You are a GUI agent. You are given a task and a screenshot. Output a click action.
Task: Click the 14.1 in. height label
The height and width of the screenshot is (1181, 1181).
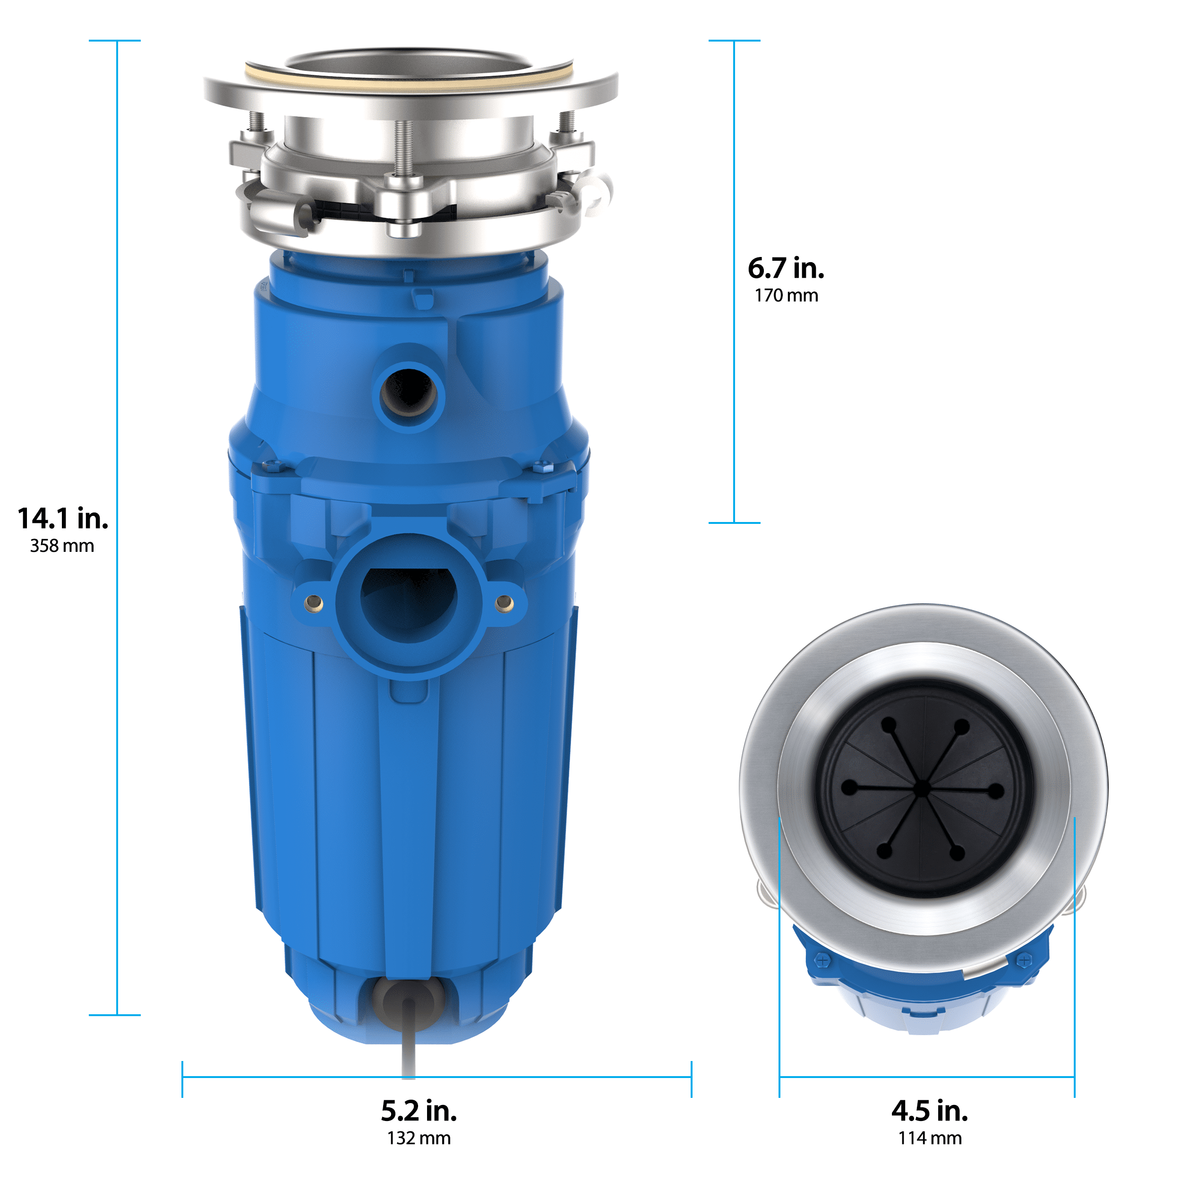pos(63,519)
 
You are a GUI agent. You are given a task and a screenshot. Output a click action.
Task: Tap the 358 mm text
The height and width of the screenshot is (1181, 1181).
pos(62,546)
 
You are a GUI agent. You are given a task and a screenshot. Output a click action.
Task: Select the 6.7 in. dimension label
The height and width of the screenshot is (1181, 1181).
pos(786,268)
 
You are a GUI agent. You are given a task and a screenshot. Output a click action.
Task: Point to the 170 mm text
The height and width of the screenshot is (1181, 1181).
pos(786,296)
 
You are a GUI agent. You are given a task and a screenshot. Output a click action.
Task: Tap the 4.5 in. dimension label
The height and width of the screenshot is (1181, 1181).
pos(929,1111)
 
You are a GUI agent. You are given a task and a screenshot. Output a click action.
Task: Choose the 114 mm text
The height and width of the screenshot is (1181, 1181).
pos(929,1138)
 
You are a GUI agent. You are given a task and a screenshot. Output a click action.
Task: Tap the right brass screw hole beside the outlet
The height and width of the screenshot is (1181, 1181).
pos(505,603)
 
